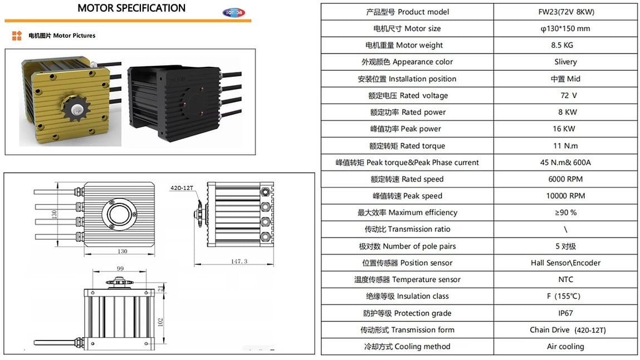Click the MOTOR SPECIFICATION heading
[131, 8]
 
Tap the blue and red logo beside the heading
[233, 12]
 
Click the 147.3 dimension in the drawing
[237, 261]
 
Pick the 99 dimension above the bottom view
[120, 269]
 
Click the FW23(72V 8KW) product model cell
[565, 12]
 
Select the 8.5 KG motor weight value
[565, 45]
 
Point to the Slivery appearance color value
[565, 62]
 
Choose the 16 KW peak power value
[565, 129]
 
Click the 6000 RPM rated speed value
[565, 179]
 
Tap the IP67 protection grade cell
[565, 313]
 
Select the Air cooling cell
[565, 347]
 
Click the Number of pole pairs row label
[407, 246]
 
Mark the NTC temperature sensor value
[565, 280]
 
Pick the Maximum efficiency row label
[407, 212]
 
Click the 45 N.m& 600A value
[565, 162]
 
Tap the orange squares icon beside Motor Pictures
[17, 36]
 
